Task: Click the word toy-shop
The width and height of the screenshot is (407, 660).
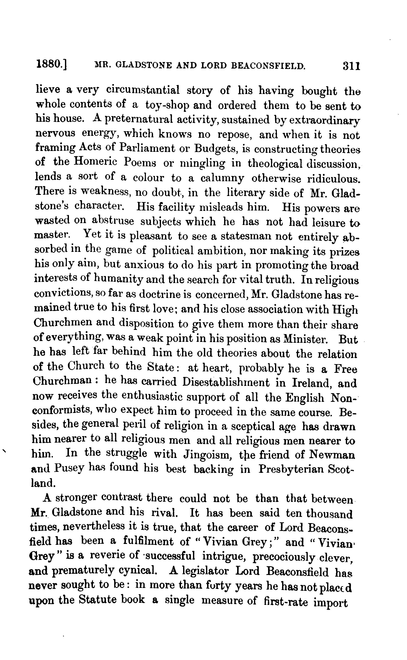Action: (x=167, y=105)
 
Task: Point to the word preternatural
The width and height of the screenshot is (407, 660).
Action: (x=137, y=119)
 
